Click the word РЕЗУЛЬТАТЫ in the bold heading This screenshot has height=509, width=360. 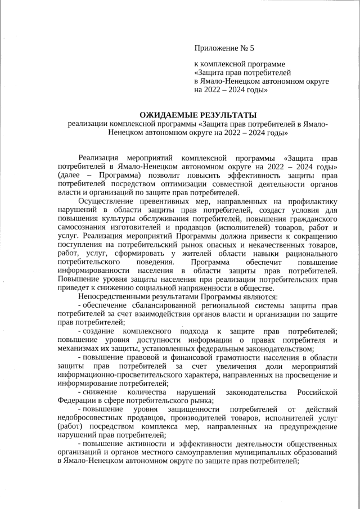click(223, 115)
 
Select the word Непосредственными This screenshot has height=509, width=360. click(114, 297)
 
